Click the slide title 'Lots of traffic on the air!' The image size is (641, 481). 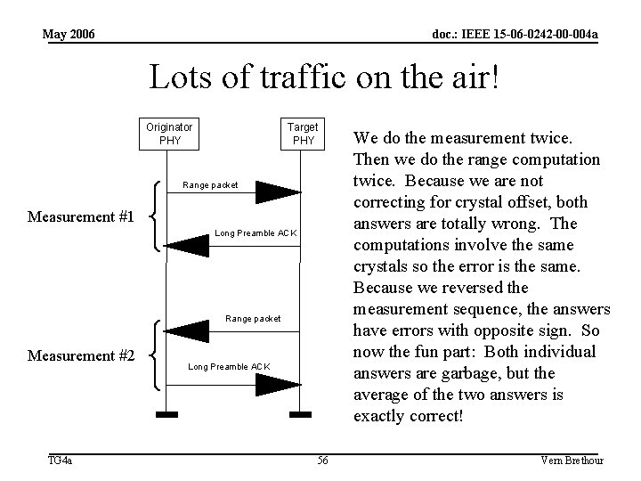pyautogui.click(x=325, y=78)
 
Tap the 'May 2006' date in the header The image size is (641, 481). pyautogui.click(x=69, y=34)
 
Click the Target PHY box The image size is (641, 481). pyautogui.click(x=304, y=134)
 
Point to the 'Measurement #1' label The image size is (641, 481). pyautogui.click(x=82, y=217)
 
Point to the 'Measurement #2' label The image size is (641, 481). pyautogui.click(x=82, y=356)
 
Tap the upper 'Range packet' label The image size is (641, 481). pyautogui.click(x=210, y=185)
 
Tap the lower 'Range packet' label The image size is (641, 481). pyautogui.click(x=254, y=318)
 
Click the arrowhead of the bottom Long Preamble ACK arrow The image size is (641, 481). pyautogui.click(x=279, y=385)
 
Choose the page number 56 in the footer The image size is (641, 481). pyautogui.click(x=322, y=460)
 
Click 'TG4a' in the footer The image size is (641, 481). pyautogui.click(x=61, y=460)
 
